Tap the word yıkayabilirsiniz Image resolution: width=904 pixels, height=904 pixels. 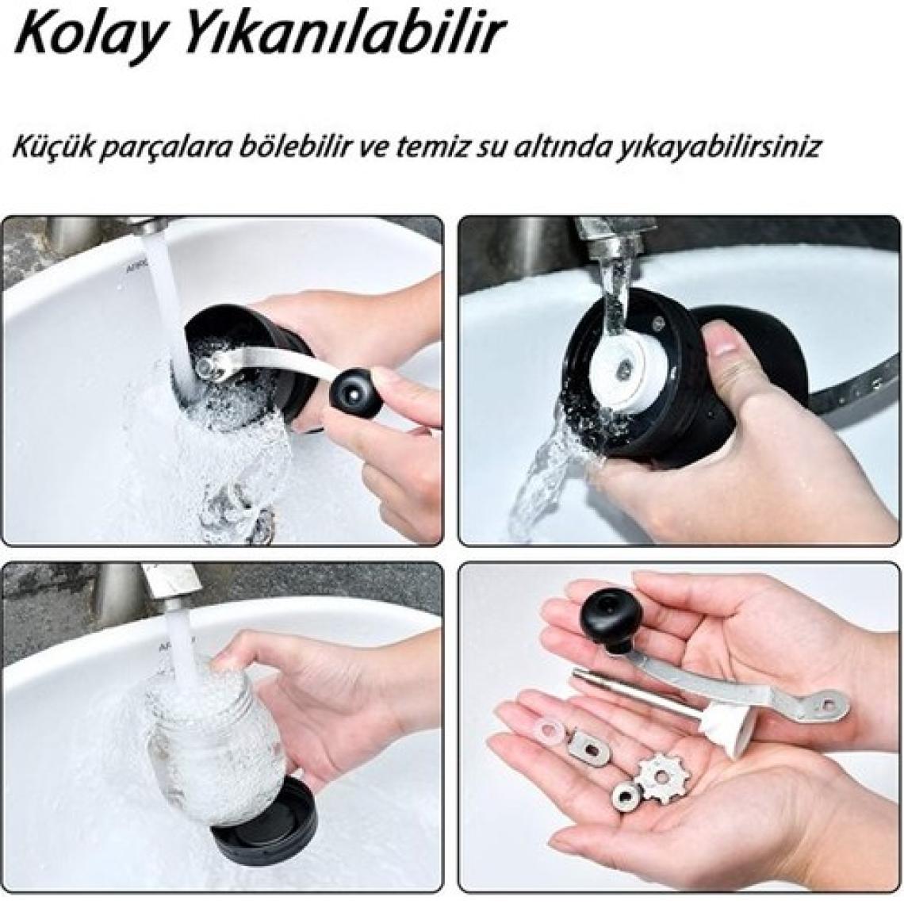coord(722,149)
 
